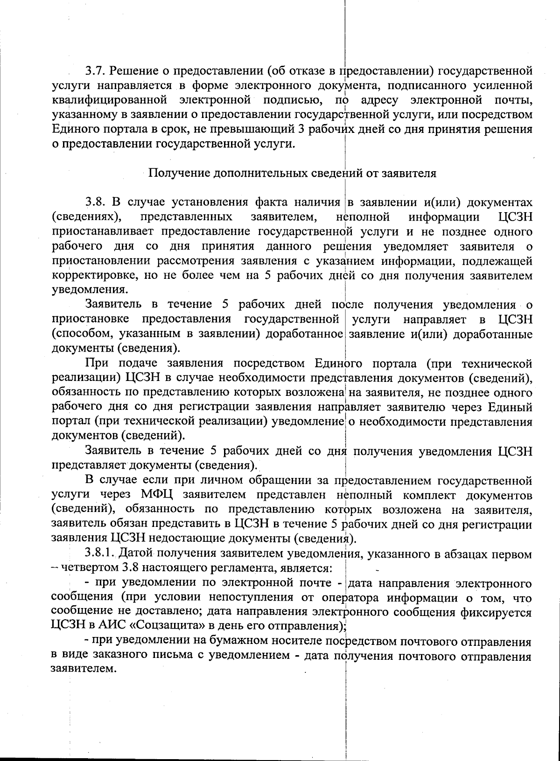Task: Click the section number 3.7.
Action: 95,71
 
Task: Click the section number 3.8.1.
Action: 99,554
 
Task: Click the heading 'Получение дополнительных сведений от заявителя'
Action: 292,173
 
